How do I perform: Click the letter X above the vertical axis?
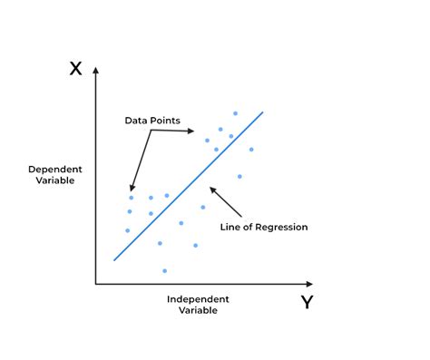[x=76, y=68]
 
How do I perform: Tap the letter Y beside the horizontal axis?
[x=307, y=302]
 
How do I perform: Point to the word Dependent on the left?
[x=55, y=170]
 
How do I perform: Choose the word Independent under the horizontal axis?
[x=198, y=298]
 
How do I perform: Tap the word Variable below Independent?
[x=199, y=310]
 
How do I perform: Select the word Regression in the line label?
[x=283, y=227]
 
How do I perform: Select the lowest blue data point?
[x=164, y=270]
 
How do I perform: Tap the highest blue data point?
[x=235, y=113]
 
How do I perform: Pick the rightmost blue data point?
[x=251, y=149]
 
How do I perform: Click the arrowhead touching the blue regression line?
[x=211, y=189]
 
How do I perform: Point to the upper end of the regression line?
[x=263, y=112]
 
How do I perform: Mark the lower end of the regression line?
[x=114, y=260]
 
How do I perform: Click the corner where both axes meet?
[x=96, y=284]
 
